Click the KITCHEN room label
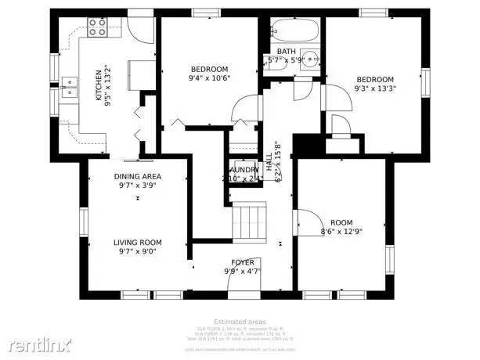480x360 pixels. (98, 85)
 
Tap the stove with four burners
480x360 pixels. (98, 29)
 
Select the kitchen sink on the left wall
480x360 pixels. (68, 85)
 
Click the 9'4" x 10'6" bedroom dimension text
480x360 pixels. (209, 78)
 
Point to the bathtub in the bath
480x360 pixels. (296, 33)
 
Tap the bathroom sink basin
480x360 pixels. (312, 59)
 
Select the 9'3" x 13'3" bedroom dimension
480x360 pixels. (375, 88)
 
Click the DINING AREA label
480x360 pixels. (137, 176)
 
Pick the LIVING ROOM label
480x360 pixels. (137, 242)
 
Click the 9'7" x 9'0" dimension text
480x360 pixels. (137, 252)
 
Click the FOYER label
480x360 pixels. (242, 261)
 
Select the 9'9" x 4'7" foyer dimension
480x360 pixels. (242, 271)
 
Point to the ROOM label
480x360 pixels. (341, 221)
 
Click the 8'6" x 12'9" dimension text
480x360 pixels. (341, 231)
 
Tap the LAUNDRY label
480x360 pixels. (244, 170)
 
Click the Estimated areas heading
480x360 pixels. (239, 321)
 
